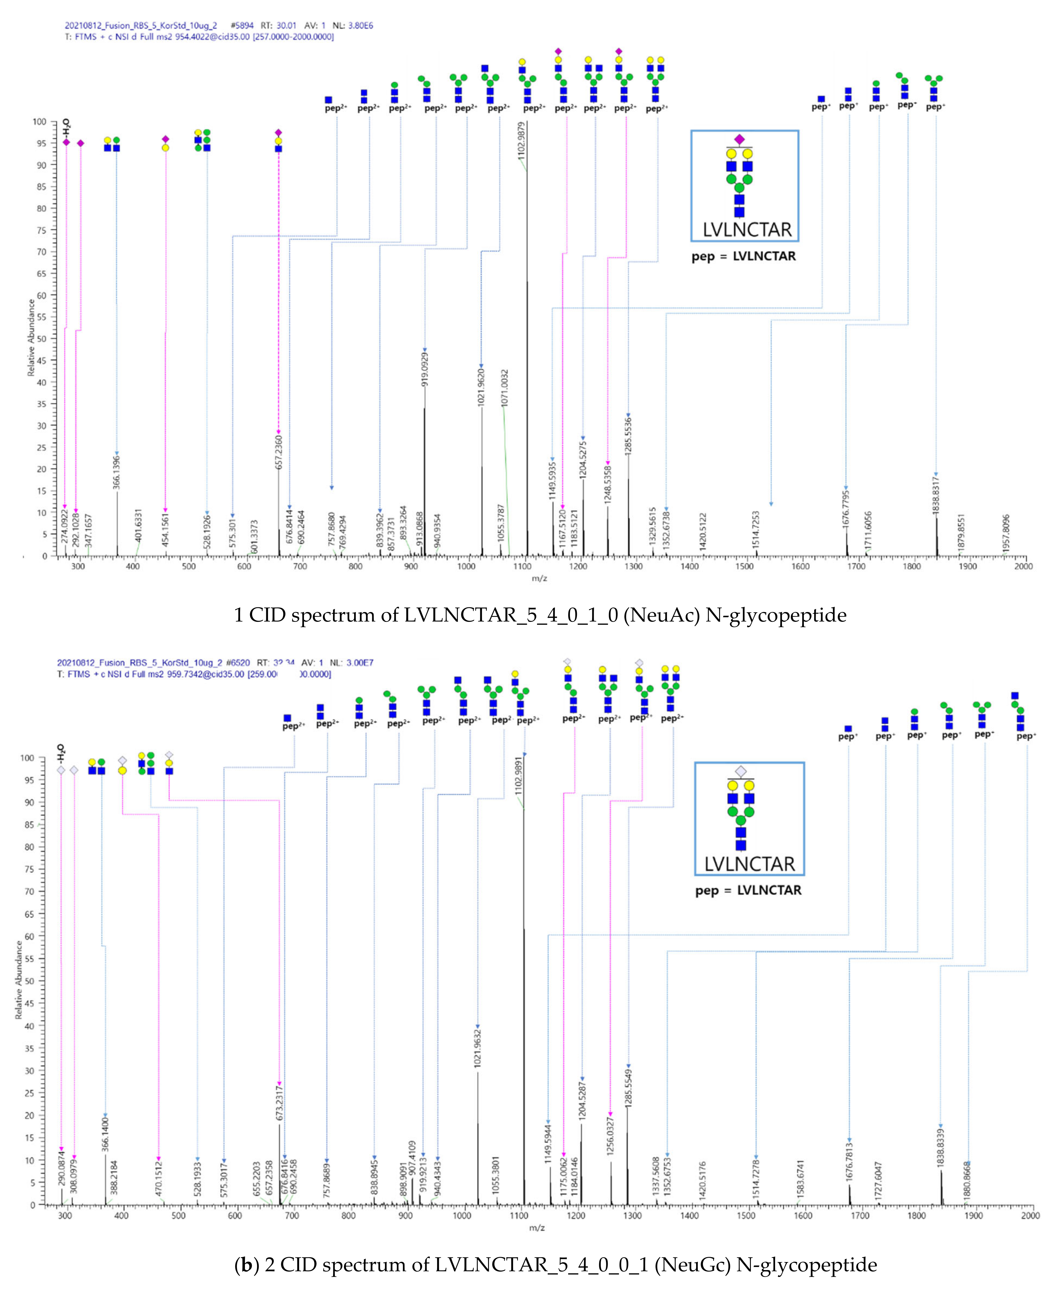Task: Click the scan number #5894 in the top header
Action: (243, 26)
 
